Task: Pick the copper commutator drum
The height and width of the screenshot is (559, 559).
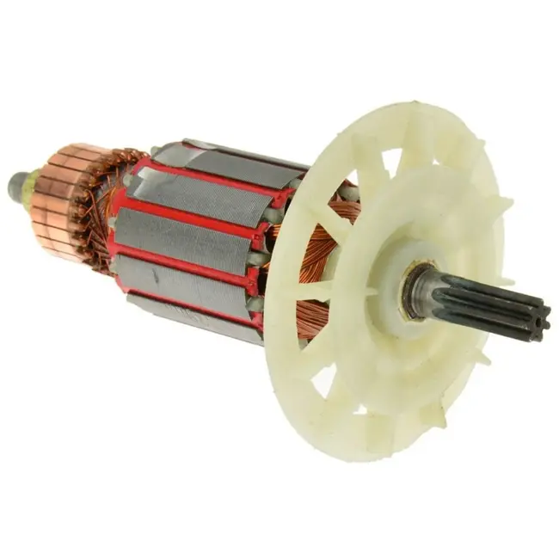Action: click(x=64, y=198)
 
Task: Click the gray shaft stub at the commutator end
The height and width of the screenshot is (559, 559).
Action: click(x=15, y=183)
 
